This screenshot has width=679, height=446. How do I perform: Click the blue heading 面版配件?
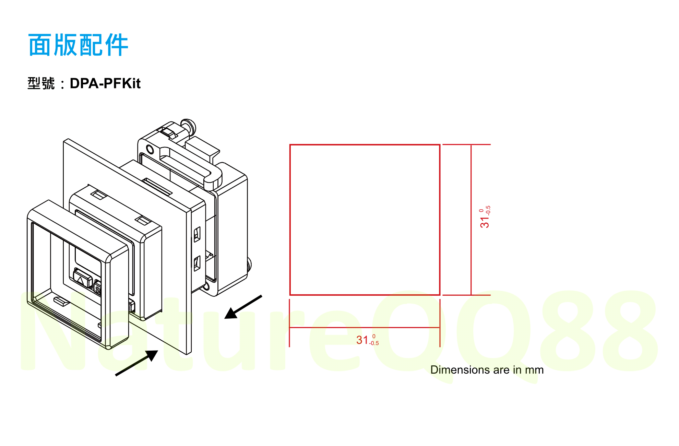(78, 45)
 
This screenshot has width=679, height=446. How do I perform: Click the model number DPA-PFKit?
(105, 83)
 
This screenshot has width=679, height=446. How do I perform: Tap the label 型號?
(41, 83)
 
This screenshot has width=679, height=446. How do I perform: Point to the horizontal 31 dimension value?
(367, 340)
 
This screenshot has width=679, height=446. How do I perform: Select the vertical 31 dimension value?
(485, 217)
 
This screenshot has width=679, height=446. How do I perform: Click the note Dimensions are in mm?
(487, 370)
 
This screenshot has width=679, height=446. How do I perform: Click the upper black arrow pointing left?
(243, 307)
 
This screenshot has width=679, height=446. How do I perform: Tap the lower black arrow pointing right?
(136, 363)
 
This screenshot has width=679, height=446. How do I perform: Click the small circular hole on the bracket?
(150, 149)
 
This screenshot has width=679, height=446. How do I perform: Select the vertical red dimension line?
(471, 220)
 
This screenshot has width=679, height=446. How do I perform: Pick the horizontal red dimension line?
(365, 328)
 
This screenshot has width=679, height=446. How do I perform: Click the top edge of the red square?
(365, 145)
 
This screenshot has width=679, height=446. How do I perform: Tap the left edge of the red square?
(290, 220)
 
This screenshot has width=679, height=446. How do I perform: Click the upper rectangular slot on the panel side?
(197, 234)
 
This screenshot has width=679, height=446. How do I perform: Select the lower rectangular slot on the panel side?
(197, 263)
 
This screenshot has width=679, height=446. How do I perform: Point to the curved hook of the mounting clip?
(213, 180)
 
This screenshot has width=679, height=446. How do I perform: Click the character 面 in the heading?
(40, 45)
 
